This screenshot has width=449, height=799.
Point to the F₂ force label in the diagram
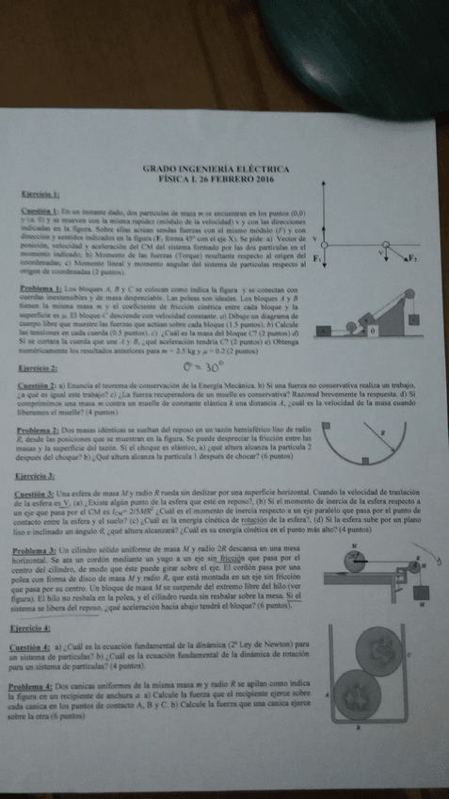pos(412,256)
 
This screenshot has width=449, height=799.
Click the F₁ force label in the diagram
pos(318,256)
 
